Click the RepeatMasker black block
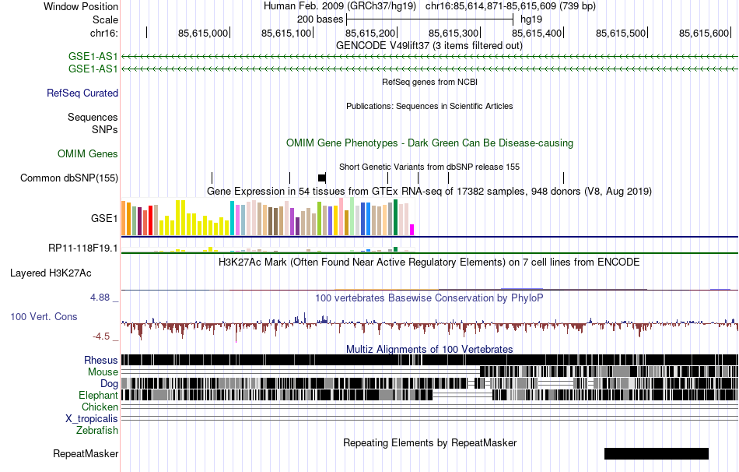[656, 453]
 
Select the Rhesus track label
[101, 361]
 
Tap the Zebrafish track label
[97, 430]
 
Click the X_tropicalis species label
[92, 418]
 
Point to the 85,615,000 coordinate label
[203, 33]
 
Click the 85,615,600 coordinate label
[704, 33]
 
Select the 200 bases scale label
[320, 19]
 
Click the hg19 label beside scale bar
[531, 19]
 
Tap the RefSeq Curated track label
[82, 93]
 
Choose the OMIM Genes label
[88, 154]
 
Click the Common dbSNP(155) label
[69, 178]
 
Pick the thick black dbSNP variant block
[322, 178]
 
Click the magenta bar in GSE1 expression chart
[412, 230]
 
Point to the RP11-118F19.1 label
[83, 248]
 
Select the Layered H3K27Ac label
[51, 273]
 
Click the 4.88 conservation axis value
[101, 298]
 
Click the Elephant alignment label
[98, 396]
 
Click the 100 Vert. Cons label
[44, 317]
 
